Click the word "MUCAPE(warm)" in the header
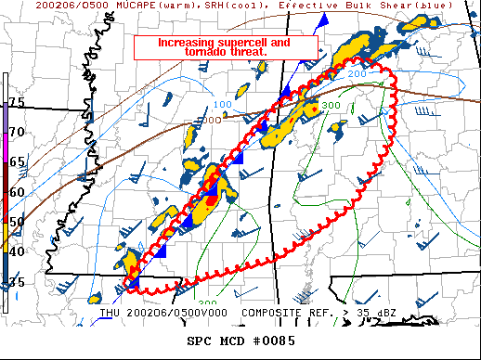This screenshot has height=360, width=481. [118, 6]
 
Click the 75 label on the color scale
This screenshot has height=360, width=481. [17, 102]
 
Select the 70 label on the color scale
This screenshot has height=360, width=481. [17, 132]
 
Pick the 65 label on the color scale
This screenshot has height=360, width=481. [17, 161]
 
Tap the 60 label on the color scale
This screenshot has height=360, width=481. [17, 192]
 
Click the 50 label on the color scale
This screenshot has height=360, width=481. [17, 222]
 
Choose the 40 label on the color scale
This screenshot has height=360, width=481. [17, 251]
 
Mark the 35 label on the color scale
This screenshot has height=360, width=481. [17, 281]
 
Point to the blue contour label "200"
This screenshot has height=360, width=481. [357, 72]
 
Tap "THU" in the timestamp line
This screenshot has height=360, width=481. [110, 313]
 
